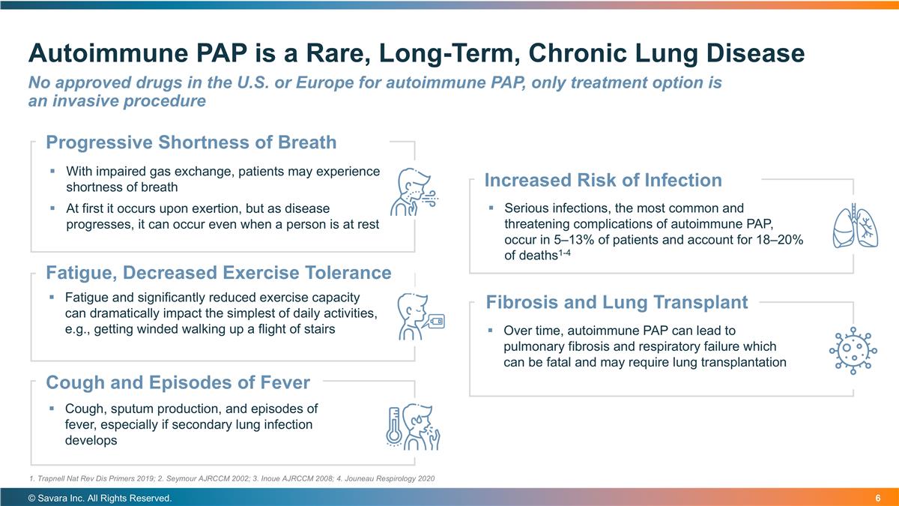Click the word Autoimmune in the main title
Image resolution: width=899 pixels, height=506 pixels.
click(x=109, y=53)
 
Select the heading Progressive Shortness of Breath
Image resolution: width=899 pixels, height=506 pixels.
click(x=191, y=142)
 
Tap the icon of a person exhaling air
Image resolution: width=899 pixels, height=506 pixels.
click(x=414, y=192)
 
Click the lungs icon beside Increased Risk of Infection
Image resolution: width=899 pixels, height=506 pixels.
click(x=856, y=226)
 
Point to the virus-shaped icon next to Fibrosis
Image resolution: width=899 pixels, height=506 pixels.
click(x=853, y=351)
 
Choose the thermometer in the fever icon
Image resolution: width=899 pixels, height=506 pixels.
click(x=394, y=426)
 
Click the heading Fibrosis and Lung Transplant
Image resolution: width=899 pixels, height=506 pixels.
click(x=617, y=302)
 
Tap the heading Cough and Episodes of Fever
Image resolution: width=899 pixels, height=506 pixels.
click(x=178, y=383)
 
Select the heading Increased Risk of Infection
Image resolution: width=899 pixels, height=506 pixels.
click(x=603, y=181)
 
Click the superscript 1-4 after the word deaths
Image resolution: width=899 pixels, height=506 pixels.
click(x=564, y=253)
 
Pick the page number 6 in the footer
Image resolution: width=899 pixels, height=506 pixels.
click(x=878, y=499)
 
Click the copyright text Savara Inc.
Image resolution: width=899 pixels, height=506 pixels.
click(x=100, y=499)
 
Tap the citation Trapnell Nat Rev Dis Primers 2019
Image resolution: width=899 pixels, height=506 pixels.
click(x=91, y=479)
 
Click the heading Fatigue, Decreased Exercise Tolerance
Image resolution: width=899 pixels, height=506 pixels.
click(x=218, y=273)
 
